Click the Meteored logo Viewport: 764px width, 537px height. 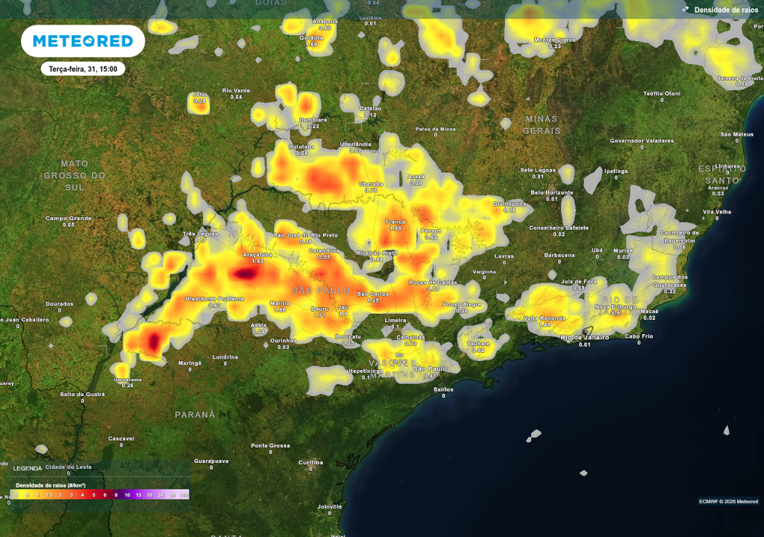pyautogui.click(x=83, y=41)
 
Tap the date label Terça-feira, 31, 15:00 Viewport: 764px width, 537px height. pyautogui.click(x=83, y=69)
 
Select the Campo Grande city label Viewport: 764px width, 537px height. pyautogui.click(x=68, y=219)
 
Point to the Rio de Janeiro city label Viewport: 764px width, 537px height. pyautogui.click(x=584, y=337)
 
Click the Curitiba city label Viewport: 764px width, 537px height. pyautogui.click(x=310, y=462)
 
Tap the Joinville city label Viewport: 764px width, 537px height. pyautogui.click(x=329, y=506)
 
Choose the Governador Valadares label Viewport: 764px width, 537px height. pyautogui.click(x=642, y=140)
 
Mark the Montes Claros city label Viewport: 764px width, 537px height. pyautogui.click(x=554, y=40)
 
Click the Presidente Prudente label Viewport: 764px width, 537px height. pyautogui.click(x=214, y=298)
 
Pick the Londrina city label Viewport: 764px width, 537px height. pyautogui.click(x=225, y=357)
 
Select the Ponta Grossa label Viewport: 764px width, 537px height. pyautogui.click(x=270, y=445)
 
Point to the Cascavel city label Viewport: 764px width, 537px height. pyautogui.click(x=121, y=438)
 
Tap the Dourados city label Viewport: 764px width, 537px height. pyautogui.click(x=60, y=304)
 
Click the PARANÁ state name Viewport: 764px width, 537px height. pyautogui.click(x=195, y=414)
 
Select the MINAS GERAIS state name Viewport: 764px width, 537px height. pyautogui.click(x=542, y=125)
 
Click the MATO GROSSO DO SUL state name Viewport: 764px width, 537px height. pyautogui.click(x=75, y=175)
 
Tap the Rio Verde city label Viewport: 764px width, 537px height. pyautogui.click(x=236, y=91)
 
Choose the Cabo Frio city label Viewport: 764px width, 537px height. pyautogui.click(x=639, y=336)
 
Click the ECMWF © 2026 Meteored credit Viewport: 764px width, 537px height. pyautogui.click(x=728, y=500)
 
